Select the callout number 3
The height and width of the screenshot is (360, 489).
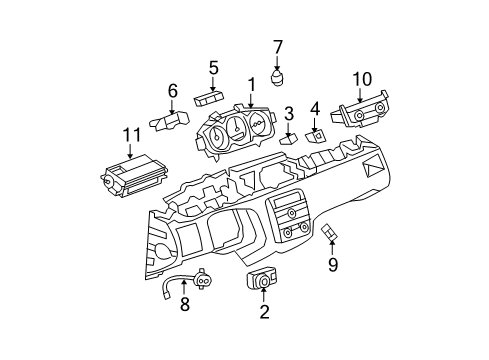[x=288, y=113]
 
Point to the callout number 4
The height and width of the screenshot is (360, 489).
[x=315, y=107]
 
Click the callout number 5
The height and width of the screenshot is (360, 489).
[x=213, y=67]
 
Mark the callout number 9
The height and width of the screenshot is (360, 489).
[x=334, y=265]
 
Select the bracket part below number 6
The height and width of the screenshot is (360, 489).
[x=170, y=122]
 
